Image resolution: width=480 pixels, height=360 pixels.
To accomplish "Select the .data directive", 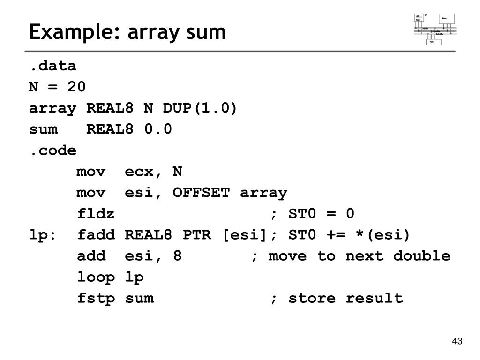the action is tap(52, 66).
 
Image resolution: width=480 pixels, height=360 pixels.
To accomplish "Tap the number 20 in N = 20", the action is tap(76, 87).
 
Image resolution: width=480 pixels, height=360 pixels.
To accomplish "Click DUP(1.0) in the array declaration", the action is tap(200, 108).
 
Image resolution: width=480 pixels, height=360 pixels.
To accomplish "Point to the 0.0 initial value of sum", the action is tap(158, 129).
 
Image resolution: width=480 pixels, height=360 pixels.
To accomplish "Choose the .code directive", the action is tap(52, 150).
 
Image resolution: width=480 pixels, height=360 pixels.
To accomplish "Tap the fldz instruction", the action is tap(96, 214).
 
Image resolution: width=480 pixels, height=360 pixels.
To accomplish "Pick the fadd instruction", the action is tap(96, 235).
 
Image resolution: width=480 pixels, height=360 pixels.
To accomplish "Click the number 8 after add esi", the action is tap(177, 256).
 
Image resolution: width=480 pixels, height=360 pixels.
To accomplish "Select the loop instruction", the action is tap(96, 277).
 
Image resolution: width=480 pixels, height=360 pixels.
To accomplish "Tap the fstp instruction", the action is tap(96, 298).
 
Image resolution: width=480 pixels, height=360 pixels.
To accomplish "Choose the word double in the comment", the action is tap(421, 256).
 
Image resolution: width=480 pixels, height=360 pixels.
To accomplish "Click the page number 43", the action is tap(457, 341).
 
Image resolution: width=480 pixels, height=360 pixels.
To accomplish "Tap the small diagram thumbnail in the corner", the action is tap(435, 29).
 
